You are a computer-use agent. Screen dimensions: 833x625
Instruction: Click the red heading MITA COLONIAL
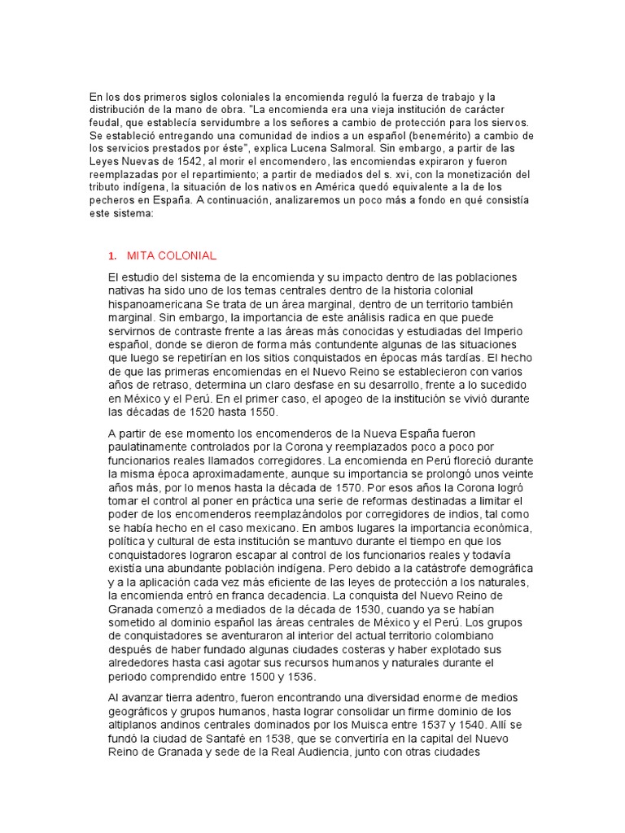[172, 255]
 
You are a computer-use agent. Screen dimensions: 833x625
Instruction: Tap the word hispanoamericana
[160, 303]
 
